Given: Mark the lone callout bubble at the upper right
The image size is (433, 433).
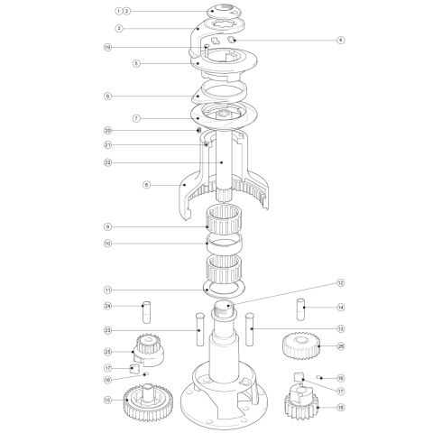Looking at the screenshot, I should coord(340,41).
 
